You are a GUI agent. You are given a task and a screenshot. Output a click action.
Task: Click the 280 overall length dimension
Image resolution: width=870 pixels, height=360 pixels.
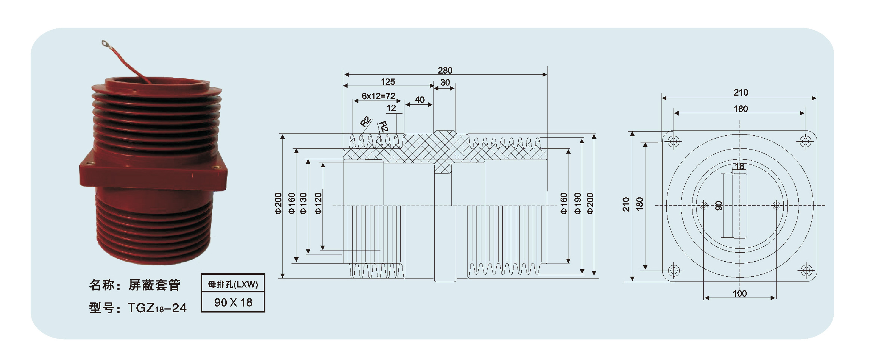pyautogui.click(x=445, y=70)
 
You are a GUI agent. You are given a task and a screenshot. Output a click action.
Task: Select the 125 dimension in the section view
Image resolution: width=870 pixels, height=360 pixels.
pyautogui.click(x=388, y=81)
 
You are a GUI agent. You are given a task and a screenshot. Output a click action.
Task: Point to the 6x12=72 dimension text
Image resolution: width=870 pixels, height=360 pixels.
pyautogui.click(x=378, y=96)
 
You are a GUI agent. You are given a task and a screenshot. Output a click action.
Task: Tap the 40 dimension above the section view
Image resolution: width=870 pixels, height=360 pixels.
pyautogui.click(x=419, y=100)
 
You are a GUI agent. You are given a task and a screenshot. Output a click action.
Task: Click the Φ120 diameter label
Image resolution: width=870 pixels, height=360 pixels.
pyautogui.click(x=318, y=203)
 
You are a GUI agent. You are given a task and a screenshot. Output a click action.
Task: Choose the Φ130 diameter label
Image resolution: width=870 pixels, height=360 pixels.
pyautogui.click(x=303, y=203)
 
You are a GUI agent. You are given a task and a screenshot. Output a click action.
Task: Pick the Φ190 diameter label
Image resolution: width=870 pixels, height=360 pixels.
pyautogui.click(x=578, y=203)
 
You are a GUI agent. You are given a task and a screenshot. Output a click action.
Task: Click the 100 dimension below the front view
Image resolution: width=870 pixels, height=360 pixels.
pyautogui.click(x=740, y=293)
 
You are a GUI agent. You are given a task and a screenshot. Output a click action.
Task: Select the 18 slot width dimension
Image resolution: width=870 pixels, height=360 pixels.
pyautogui.click(x=740, y=166)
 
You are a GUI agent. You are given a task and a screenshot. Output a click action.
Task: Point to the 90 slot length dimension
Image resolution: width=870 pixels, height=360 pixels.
pyautogui.click(x=719, y=206)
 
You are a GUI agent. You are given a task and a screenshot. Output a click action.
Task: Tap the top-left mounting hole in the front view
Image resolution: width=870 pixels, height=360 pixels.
pyautogui.click(x=674, y=141)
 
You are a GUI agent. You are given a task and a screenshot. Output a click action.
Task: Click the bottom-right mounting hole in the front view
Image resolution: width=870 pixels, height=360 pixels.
pyautogui.click(x=806, y=270)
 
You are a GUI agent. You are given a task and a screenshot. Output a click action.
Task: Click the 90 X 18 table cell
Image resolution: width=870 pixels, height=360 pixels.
pyautogui.click(x=233, y=302)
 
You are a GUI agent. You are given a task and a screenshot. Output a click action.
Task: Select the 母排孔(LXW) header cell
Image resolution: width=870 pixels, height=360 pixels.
pyautogui.click(x=233, y=284)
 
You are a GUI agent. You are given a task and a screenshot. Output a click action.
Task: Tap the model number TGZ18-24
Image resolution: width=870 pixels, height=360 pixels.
pyautogui.click(x=157, y=308)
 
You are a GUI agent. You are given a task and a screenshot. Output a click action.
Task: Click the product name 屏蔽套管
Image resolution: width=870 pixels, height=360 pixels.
pyautogui.click(x=154, y=285)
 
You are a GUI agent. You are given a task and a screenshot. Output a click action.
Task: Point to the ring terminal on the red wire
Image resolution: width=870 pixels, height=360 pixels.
pyautogui.click(x=104, y=44)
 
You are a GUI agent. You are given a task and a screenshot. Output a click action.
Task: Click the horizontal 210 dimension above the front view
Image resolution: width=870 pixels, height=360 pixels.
pyautogui.click(x=741, y=92)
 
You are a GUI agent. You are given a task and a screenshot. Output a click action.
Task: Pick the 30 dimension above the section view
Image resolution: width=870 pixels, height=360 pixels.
pyautogui.click(x=445, y=82)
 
